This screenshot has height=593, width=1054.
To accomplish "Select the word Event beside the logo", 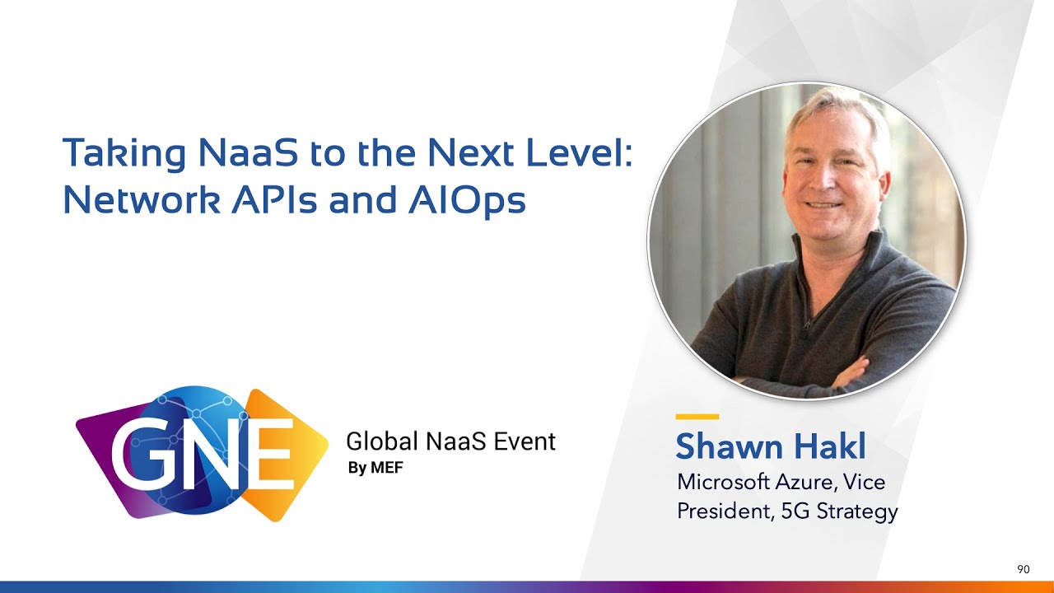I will click(x=525, y=441).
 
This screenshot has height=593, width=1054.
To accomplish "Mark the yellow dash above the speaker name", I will click(x=697, y=417).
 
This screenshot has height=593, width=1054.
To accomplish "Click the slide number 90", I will click(x=1024, y=569).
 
